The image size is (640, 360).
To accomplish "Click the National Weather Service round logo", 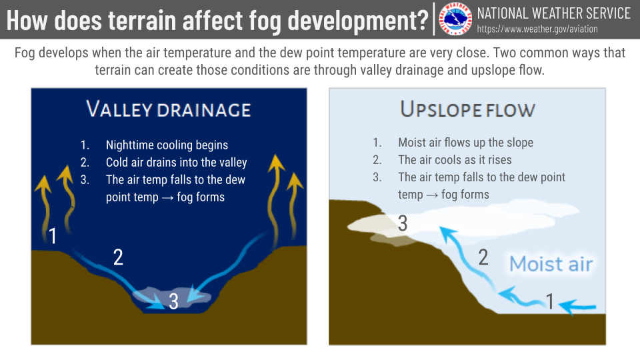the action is [x=455, y=19].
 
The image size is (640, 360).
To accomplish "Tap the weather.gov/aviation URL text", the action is [x=537, y=29].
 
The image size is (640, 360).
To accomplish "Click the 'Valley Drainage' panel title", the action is [x=168, y=109].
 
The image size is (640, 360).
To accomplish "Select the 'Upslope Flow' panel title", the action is [x=467, y=109].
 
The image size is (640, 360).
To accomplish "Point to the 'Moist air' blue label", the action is [x=551, y=264].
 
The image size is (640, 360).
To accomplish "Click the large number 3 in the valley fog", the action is [x=173, y=301].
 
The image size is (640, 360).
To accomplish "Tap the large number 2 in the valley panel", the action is [x=118, y=257].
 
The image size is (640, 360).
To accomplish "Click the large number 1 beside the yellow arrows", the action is [x=53, y=235].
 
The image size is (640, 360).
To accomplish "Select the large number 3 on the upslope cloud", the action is [x=403, y=223].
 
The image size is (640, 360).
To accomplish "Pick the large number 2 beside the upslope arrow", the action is [x=483, y=257].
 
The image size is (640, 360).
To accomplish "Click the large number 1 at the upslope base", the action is [x=550, y=301].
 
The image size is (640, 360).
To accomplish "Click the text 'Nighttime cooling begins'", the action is [x=167, y=145].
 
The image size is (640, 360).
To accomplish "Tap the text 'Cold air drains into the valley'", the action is [x=176, y=163].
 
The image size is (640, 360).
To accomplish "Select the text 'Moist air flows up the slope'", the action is [x=466, y=143].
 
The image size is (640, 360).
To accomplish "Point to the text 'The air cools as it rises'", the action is [x=455, y=159].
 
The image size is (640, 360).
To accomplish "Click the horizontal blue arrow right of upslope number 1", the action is [x=577, y=306].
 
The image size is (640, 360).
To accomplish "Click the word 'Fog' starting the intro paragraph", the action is [x=24, y=53].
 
